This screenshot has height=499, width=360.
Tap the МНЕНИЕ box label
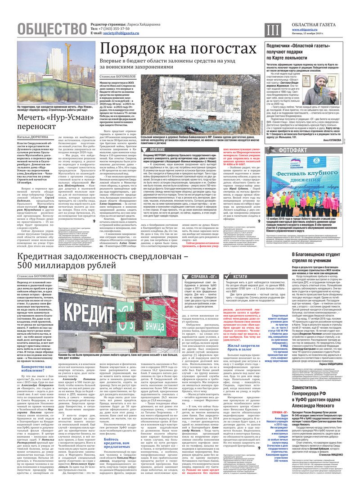157,149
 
